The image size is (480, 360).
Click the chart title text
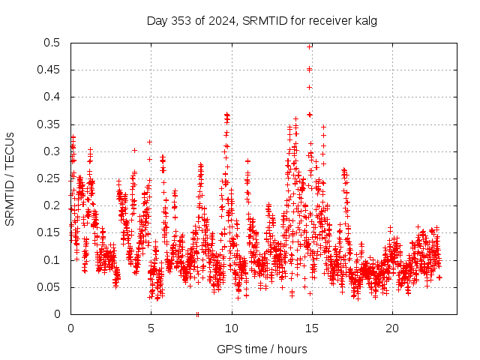point(261,20)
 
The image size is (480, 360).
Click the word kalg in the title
point(365,20)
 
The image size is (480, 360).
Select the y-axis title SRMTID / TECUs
point(10,178)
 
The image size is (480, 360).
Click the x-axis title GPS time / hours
point(261,349)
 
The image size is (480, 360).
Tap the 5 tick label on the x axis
point(151,328)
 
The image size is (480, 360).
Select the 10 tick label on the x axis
point(231,328)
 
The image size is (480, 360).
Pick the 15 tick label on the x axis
point(311,328)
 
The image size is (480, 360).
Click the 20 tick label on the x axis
point(391,328)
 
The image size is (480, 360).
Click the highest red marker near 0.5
point(310,46)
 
